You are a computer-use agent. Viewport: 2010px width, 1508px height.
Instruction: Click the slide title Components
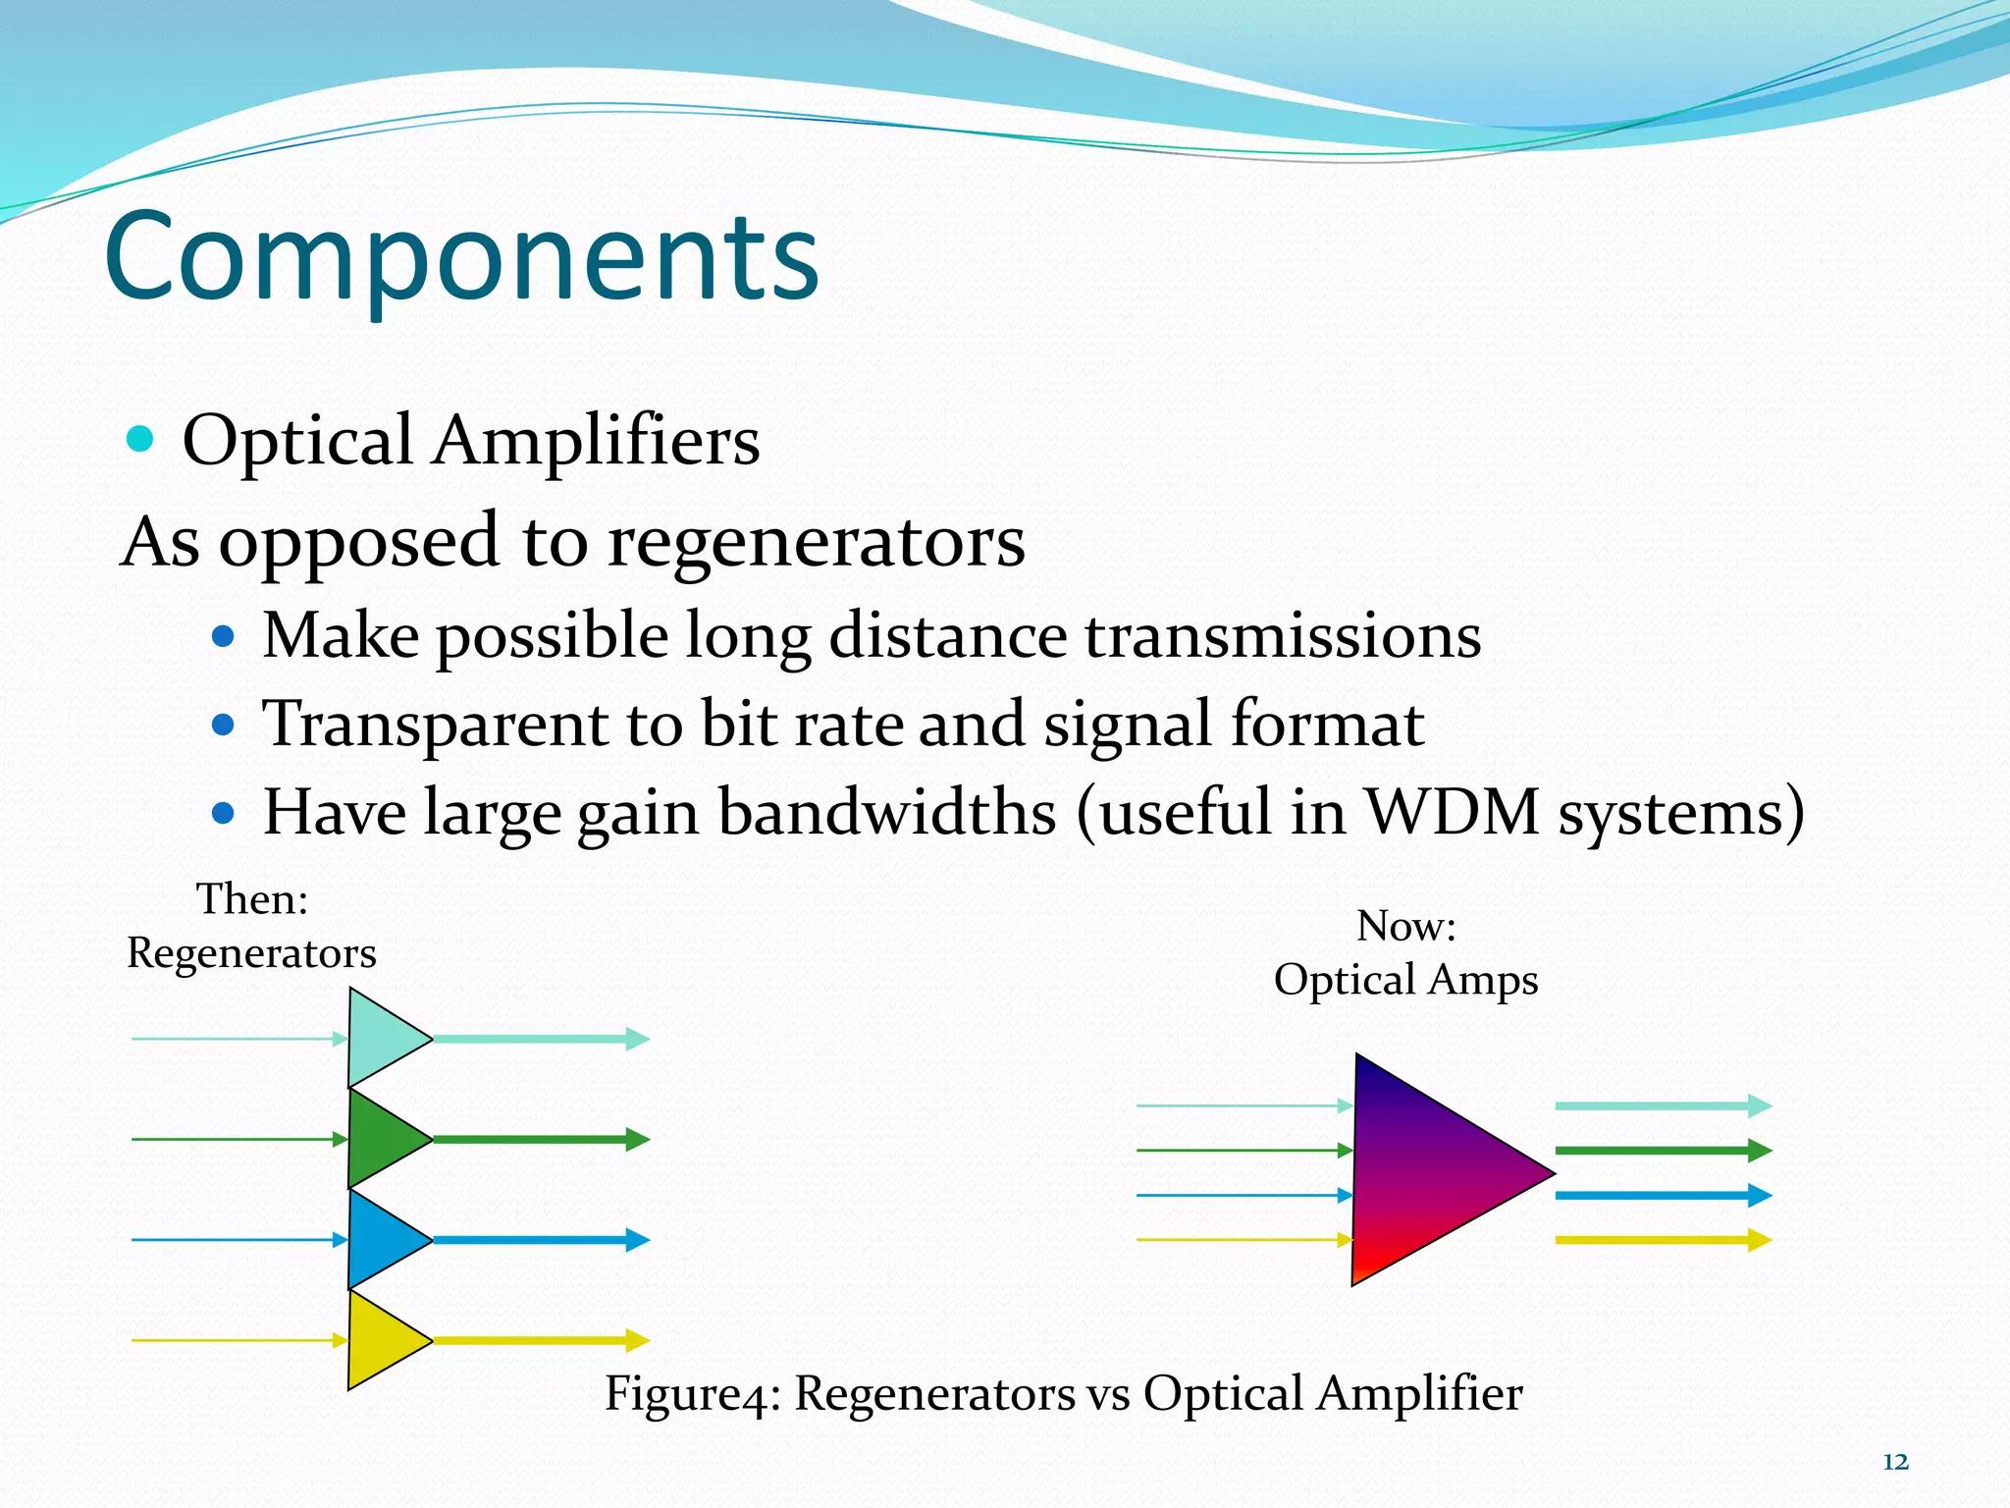461,257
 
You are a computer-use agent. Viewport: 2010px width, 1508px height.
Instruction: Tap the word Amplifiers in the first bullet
596,441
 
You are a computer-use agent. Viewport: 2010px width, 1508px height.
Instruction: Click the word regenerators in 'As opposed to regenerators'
817,541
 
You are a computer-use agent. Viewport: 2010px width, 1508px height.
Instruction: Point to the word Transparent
435,725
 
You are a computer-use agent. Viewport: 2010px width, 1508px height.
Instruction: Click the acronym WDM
1453,812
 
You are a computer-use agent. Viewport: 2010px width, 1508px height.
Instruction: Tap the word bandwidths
887,812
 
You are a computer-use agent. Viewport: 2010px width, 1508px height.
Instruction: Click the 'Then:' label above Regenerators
252,898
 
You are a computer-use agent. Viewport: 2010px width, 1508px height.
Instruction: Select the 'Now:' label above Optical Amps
1405,926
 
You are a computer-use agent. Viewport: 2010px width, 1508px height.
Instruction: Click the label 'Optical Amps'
1405,980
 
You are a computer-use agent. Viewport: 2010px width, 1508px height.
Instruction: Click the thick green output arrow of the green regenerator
540,1139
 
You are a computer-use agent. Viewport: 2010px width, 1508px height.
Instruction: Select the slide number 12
1895,1462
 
